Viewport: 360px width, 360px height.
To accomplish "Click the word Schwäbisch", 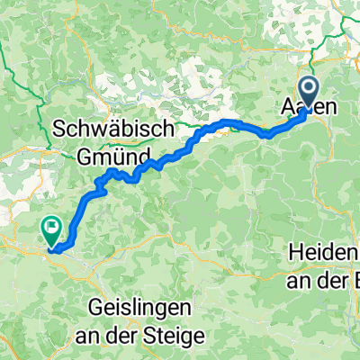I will pos(113,130).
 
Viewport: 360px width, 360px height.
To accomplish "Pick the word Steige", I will pos(179,333).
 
